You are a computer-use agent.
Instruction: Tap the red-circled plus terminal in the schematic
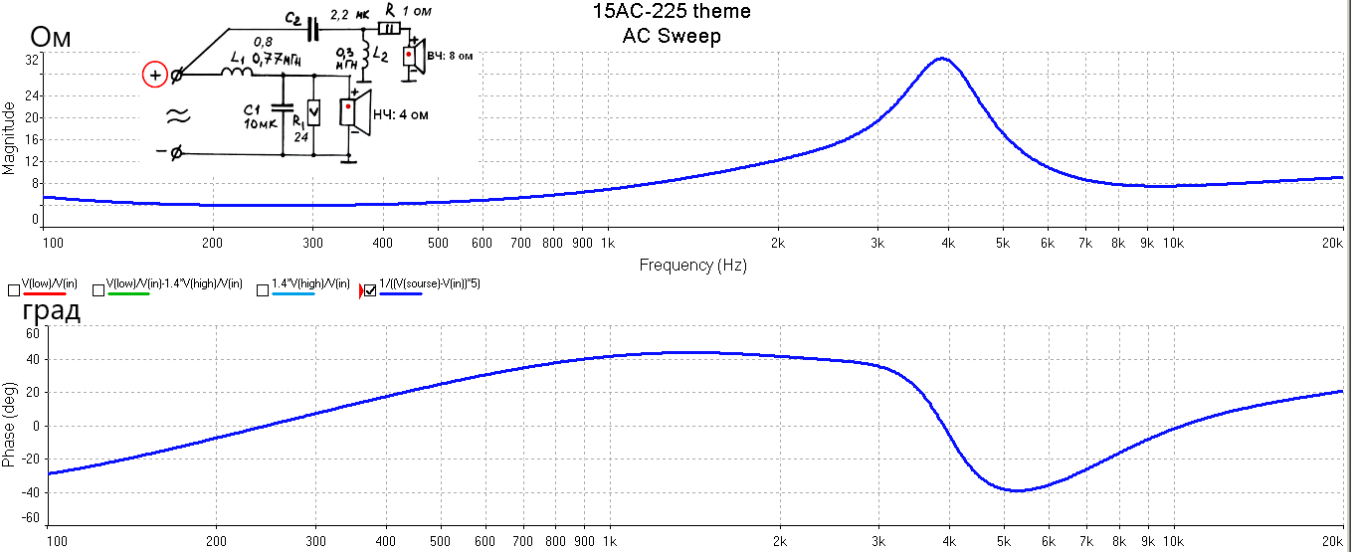155,75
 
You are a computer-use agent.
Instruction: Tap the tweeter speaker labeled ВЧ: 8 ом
413,55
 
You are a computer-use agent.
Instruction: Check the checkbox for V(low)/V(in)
13,290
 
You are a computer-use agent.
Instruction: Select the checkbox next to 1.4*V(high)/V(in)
263,290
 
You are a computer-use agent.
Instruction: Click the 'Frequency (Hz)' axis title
692,266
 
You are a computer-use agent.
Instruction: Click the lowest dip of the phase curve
1017,490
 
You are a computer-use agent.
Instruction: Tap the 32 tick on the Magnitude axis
32,61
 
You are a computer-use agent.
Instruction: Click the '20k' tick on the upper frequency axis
1332,242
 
